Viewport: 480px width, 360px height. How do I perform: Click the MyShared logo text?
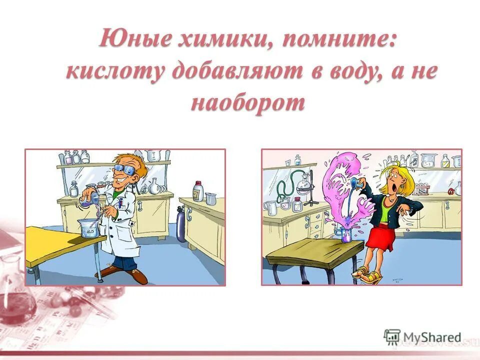tap(432, 337)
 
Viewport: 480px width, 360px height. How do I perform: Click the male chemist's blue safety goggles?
tap(124, 169)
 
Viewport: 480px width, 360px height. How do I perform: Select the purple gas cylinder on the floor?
tap(180, 224)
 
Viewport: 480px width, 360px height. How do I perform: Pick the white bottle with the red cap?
tap(198, 191)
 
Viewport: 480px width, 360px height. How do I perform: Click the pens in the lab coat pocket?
tap(120, 203)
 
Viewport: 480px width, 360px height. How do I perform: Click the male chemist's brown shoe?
tap(135, 275)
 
